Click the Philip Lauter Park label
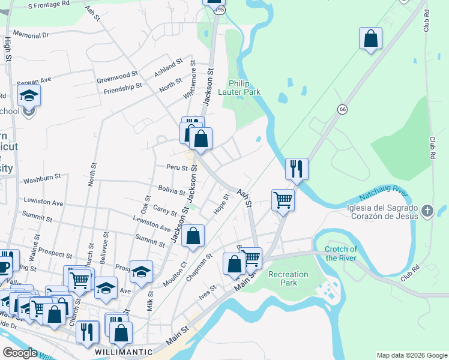pyautogui.click(x=244, y=88)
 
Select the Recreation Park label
pyautogui.click(x=288, y=278)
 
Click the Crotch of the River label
pyautogui.click(x=341, y=253)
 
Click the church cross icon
pyautogui.click(x=427, y=210)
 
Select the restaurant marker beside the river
pyautogui.click(x=297, y=169)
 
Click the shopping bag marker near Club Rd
pyautogui.click(x=371, y=38)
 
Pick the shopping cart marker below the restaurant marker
pyautogui.click(x=283, y=200)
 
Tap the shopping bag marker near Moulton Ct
pyautogui.click(x=193, y=236)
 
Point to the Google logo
pyautogui.click(x=20, y=352)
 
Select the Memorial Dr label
pyautogui.click(x=30, y=35)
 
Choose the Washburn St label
pyautogui.click(x=42, y=178)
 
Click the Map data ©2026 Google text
pyautogui.click(x=411, y=355)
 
